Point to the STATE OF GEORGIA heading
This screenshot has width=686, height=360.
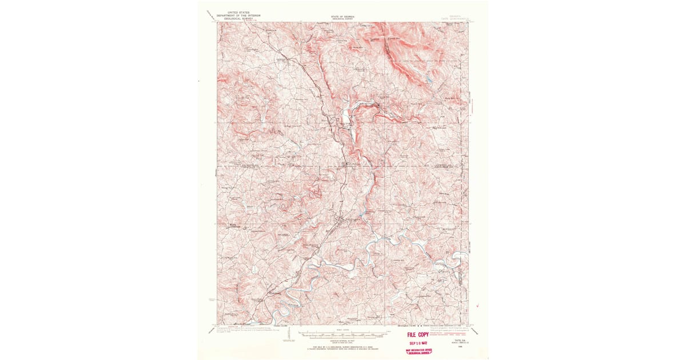pyautogui.click(x=342, y=16)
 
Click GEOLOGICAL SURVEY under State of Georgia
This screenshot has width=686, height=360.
pyautogui.click(x=342, y=19)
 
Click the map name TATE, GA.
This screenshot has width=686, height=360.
pyautogui.click(x=460, y=339)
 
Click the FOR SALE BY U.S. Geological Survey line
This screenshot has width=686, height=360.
pyautogui.click(x=342, y=346)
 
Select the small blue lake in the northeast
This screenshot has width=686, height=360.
pyautogui.click(x=429, y=79)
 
